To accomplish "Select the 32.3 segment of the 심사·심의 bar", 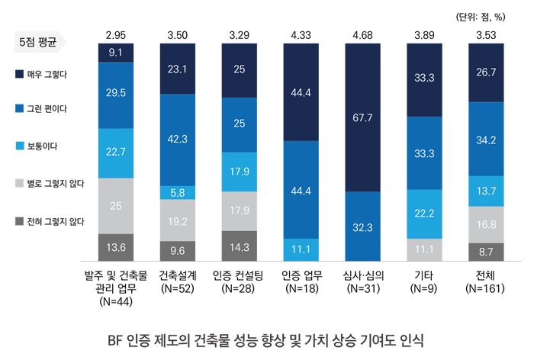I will pos(362,227).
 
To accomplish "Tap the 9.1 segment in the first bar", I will pos(117,52).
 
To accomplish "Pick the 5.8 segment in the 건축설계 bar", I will pos(178,193).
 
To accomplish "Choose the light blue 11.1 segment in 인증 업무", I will pos(301,249).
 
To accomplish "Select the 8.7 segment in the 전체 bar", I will pos(485,251).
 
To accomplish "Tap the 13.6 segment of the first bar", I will pos(117,247).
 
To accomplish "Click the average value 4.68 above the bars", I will pos(362,34).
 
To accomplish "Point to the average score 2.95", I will pos(117,34).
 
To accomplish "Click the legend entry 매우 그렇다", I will pos(46,74).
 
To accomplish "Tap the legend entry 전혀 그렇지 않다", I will pos(52,222).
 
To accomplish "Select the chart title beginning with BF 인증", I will pos(267,338).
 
